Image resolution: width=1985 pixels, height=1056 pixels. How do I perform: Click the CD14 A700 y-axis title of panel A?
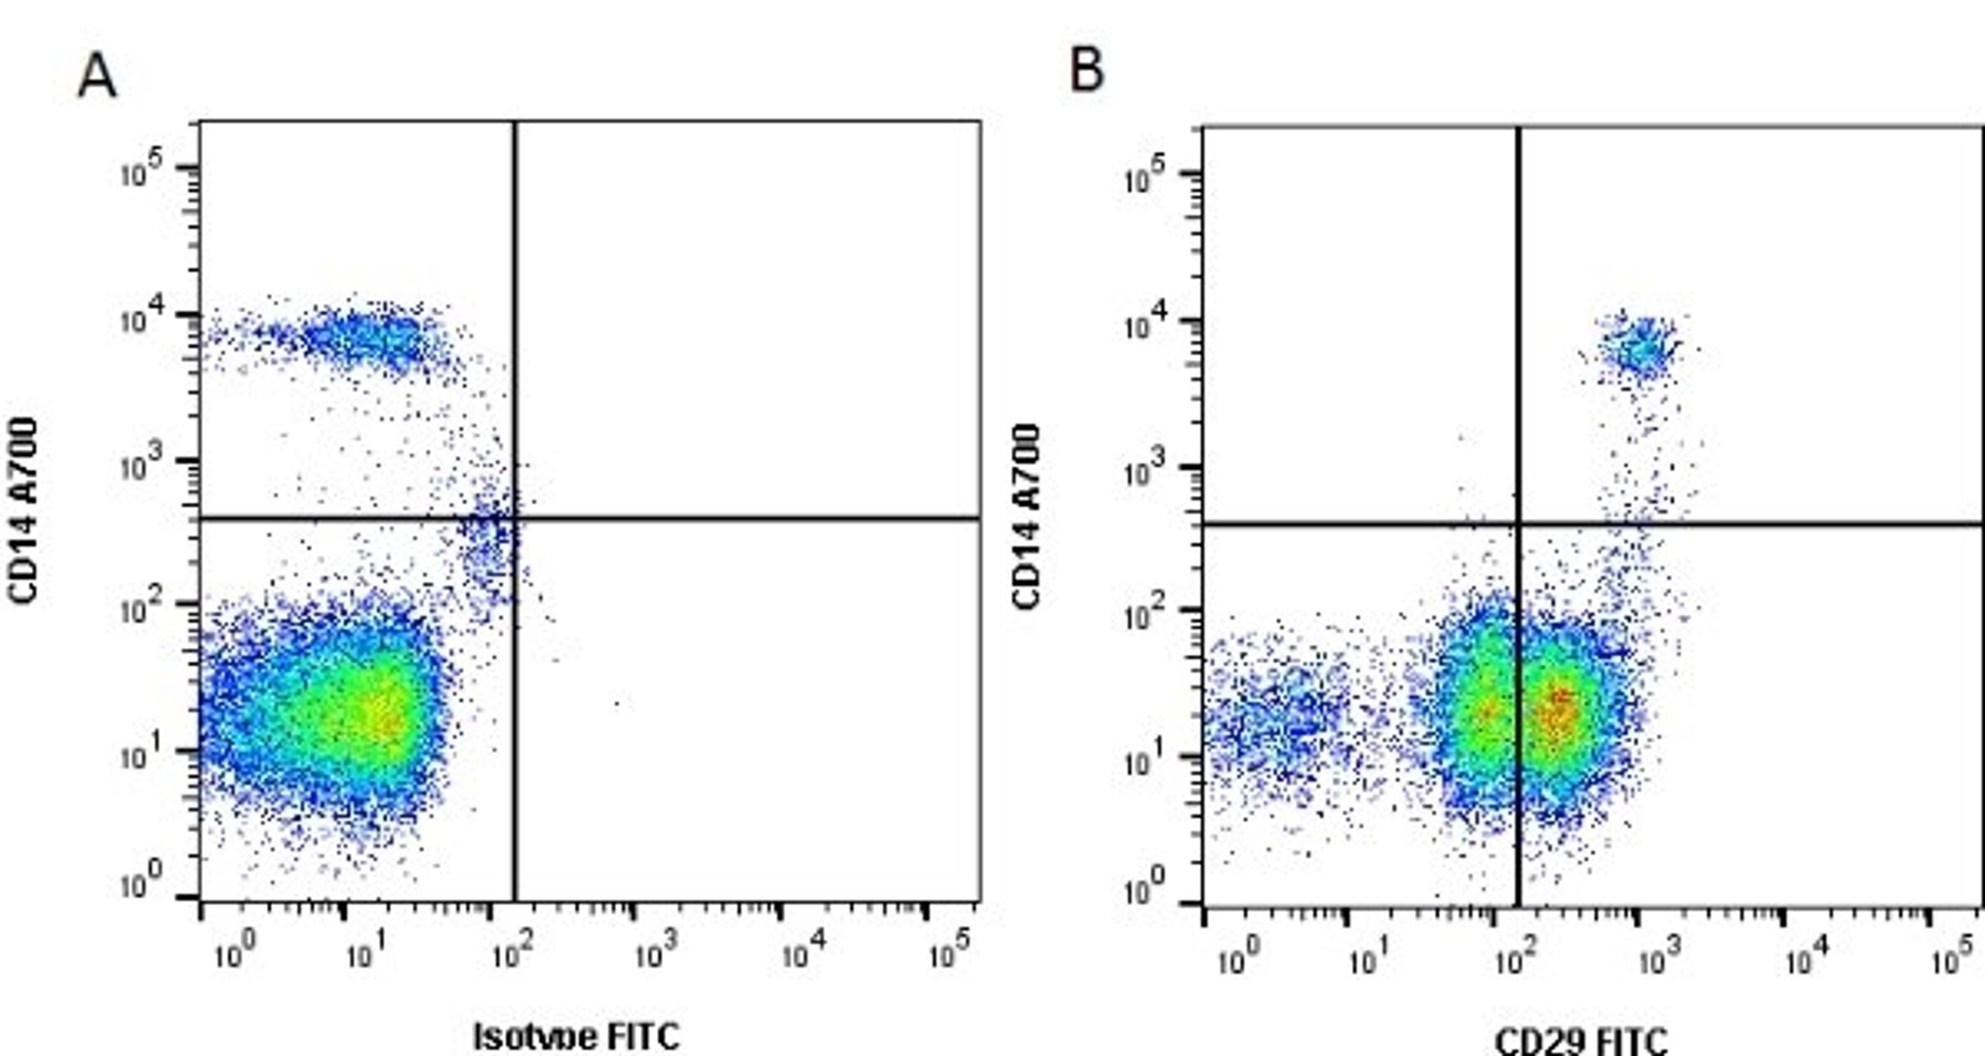point(23,510)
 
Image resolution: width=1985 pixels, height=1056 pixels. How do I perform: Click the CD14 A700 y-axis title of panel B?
point(1027,517)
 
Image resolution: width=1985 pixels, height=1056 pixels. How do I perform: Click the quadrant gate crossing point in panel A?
point(515,519)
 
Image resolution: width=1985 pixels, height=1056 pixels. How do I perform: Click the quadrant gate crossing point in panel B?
point(1518,524)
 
